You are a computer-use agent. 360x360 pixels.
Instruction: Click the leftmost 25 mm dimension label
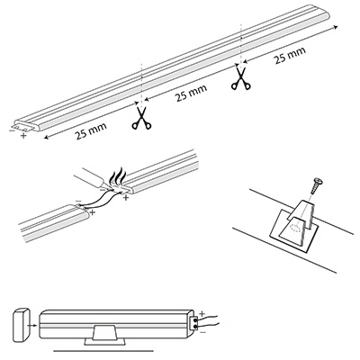pyautogui.click(x=91, y=130)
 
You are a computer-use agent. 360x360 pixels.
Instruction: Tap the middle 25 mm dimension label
pyautogui.click(x=191, y=93)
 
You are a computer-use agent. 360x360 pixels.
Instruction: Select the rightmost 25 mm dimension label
pyautogui.click(x=290, y=55)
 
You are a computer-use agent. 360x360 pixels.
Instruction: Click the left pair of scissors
pyautogui.click(x=141, y=118)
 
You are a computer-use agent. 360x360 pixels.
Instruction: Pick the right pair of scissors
pyautogui.click(x=240, y=78)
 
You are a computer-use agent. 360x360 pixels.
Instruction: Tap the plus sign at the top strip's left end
pyautogui.click(x=23, y=136)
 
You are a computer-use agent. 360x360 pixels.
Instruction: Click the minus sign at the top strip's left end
pyautogui.click(x=12, y=130)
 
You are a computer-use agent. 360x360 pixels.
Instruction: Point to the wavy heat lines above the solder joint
pyautogui.click(x=120, y=175)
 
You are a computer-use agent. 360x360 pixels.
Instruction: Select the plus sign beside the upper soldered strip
pyautogui.click(x=126, y=198)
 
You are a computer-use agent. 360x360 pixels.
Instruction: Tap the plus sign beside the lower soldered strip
pyautogui.click(x=93, y=212)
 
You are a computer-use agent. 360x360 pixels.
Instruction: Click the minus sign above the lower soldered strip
pyautogui.click(x=78, y=201)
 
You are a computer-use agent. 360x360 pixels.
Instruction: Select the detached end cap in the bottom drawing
pyautogui.click(x=22, y=325)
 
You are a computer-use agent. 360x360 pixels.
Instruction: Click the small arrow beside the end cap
pyautogui.click(x=33, y=325)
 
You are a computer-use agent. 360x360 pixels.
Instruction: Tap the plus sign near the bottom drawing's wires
pyautogui.click(x=202, y=314)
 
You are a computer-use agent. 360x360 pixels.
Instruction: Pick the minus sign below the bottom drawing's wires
pyautogui.click(x=202, y=332)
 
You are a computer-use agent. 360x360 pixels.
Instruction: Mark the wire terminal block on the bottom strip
pyautogui.click(x=195, y=323)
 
